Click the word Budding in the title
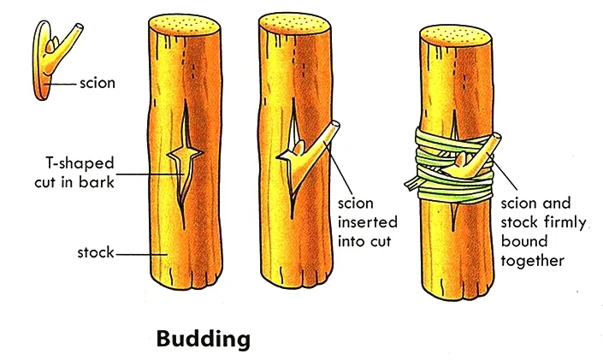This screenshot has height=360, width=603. point(204,339)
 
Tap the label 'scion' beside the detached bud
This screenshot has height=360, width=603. point(97,84)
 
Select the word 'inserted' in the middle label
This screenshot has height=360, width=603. point(365,221)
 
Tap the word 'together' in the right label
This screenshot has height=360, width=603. point(539,260)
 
